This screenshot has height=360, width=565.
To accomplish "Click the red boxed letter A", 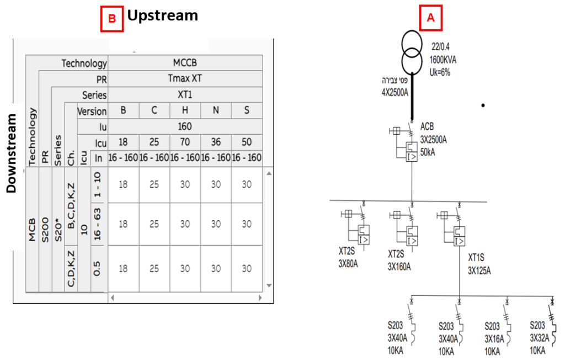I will click(431, 18).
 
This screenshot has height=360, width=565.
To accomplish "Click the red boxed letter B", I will click(111, 18).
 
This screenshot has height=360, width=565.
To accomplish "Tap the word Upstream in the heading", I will click(162, 15).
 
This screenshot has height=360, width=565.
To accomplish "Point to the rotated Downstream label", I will click(10, 153).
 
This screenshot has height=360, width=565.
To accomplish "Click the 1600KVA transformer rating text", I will click(443, 60).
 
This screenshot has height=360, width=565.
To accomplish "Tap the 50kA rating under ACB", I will click(428, 152).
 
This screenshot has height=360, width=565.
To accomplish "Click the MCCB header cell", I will click(185, 63).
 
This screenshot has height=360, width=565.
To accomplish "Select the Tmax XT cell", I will click(185, 79).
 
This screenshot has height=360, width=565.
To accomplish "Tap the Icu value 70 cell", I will click(185, 142).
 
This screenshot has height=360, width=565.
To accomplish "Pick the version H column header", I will click(185, 110).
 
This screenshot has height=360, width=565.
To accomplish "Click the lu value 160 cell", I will click(185, 126).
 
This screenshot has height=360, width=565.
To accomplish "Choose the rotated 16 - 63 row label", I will click(97, 224).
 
